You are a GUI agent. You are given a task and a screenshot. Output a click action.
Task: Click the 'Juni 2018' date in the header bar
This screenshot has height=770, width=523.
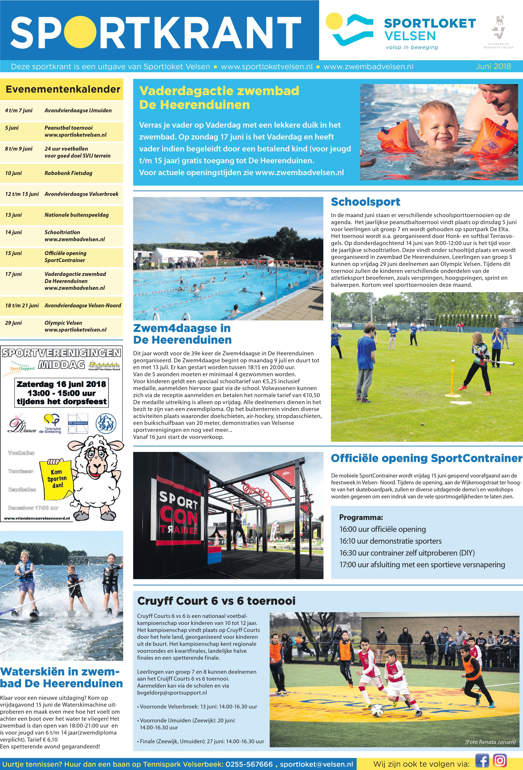tap(493, 66)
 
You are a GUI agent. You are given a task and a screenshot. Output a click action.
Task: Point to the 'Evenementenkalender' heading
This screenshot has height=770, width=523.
tap(63, 89)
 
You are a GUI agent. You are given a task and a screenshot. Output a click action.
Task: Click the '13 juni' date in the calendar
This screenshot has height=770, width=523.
tap(13, 215)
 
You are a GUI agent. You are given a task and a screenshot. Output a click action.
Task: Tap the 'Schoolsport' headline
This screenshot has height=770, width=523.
tap(365, 202)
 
